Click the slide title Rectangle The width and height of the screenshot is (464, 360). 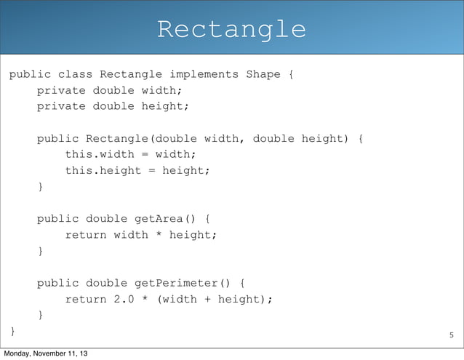231,30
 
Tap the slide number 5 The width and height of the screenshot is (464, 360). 451,335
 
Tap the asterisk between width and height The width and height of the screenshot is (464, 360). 159,235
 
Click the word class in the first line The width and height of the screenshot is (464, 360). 75,74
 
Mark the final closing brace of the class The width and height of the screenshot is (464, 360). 12,332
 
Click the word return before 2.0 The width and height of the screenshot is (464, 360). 85,299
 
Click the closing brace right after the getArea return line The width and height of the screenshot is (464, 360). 41,251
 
